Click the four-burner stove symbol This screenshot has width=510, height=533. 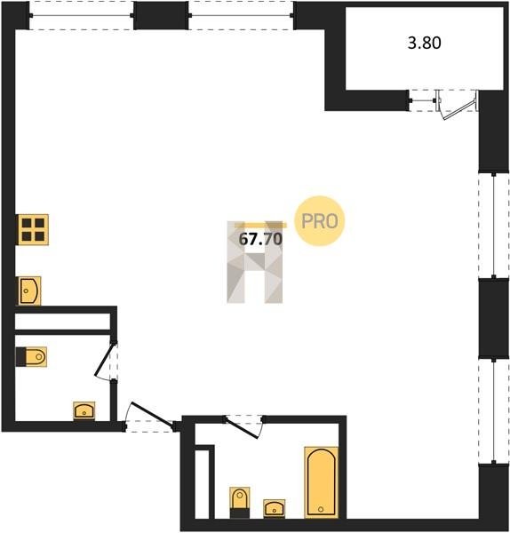(x=33, y=229)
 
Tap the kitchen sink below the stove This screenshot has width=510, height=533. (x=29, y=291)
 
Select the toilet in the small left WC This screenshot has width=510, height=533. (x=31, y=357)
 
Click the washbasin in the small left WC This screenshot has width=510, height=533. (x=84, y=411)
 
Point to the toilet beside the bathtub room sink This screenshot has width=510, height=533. (x=240, y=503)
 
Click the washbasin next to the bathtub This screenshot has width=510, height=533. (x=274, y=509)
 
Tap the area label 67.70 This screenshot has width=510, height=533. (x=260, y=239)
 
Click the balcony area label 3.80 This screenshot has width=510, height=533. (x=425, y=44)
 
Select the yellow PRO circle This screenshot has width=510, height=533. (x=320, y=221)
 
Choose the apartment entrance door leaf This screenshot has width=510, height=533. (x=153, y=414)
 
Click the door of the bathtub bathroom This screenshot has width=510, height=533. (x=242, y=427)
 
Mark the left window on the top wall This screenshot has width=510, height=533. (x=82, y=15)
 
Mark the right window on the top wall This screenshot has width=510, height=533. (x=241, y=15)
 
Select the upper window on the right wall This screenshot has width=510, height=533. (x=494, y=225)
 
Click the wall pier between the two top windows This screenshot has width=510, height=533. (x=161, y=15)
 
